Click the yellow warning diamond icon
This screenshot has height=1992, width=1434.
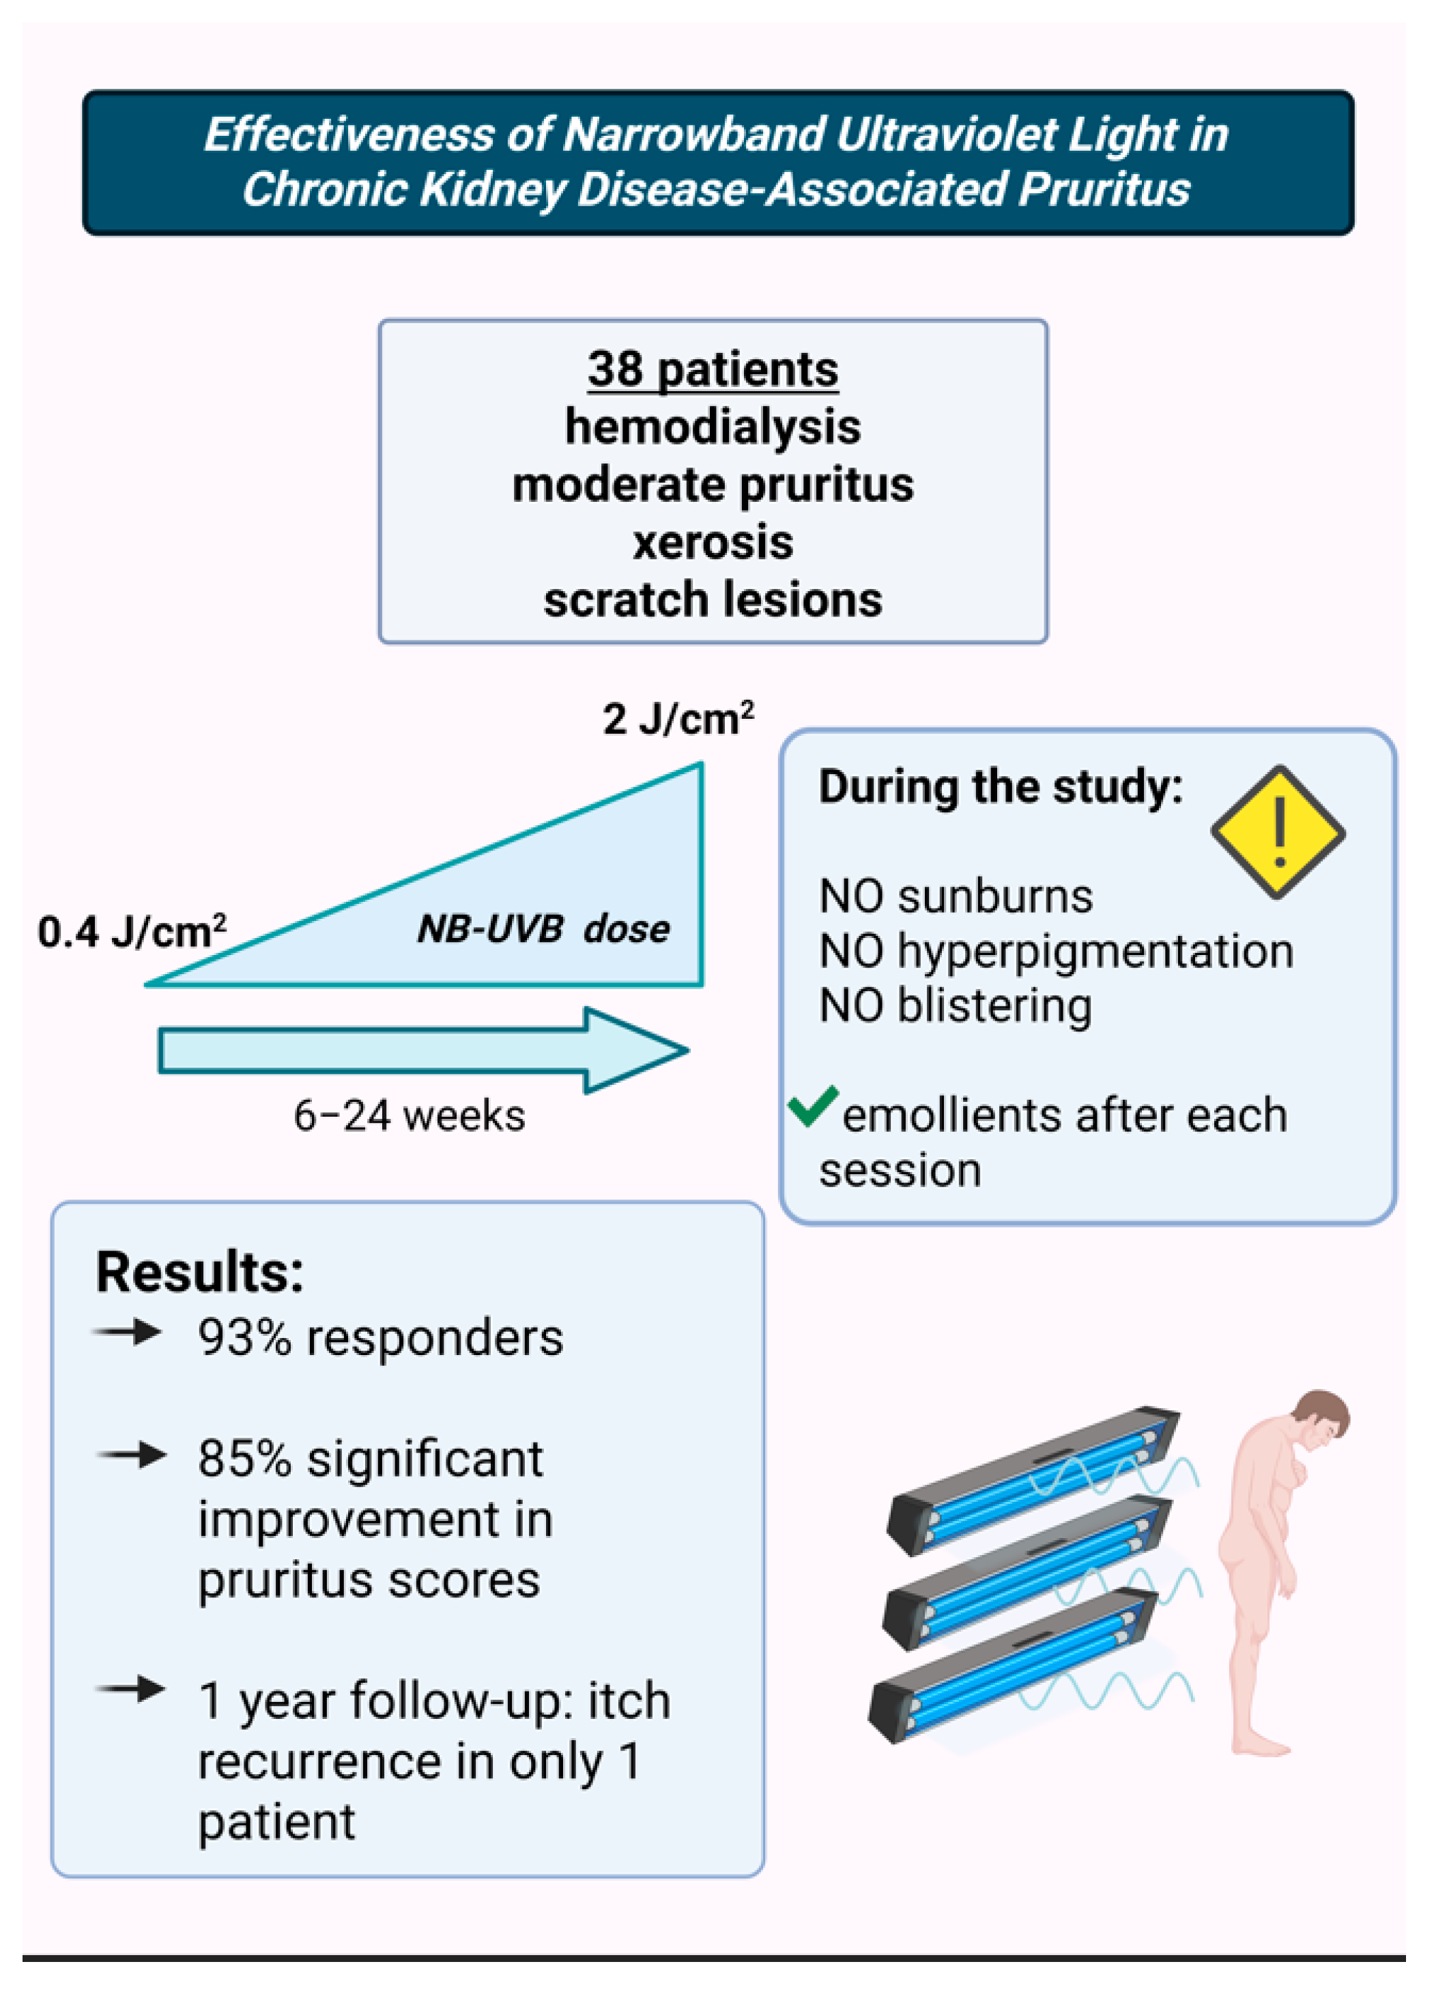click(x=1278, y=831)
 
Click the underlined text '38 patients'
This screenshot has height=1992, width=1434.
click(x=712, y=368)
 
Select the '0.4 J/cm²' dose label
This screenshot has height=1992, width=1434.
click(x=132, y=932)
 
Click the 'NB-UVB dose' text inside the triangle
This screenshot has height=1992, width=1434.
click(x=543, y=929)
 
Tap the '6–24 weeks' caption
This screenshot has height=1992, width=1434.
click(x=410, y=1116)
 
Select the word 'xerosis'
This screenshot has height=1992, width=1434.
click(x=712, y=542)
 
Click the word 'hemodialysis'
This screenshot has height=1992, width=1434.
click(x=712, y=427)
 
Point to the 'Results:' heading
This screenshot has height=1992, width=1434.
click(x=199, y=1272)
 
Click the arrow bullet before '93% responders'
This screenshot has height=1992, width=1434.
click(x=128, y=1333)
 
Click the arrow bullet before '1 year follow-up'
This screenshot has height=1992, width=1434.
click(x=130, y=1688)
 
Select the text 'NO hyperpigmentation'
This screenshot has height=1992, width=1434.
click(x=1055, y=951)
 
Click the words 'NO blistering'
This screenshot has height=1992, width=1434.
click(x=955, y=1006)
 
